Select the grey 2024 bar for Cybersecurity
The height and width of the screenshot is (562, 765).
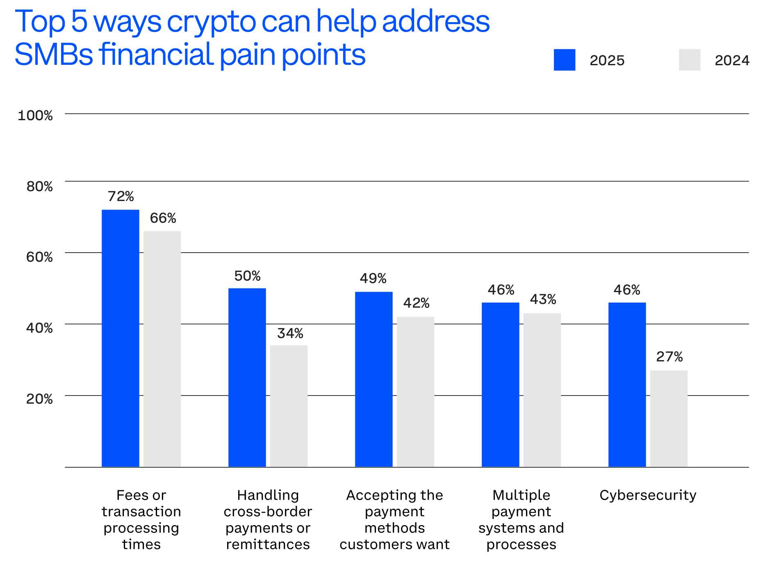pos(669,418)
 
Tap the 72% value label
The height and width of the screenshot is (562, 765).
pos(121,196)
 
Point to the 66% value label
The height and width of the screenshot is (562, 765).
pos(163,218)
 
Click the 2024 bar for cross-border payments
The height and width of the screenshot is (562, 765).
pos(289,406)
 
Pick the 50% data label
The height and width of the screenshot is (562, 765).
pos(247,276)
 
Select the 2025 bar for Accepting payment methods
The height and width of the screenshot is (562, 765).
pos(373,379)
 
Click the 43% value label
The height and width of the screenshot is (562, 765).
pos(543,299)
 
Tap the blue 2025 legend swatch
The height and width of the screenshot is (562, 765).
pos(564,60)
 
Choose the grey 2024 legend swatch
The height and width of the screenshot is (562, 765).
pos(689,60)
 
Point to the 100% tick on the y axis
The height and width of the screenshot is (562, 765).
pos(35,116)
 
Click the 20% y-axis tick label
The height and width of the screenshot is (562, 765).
pos(39,399)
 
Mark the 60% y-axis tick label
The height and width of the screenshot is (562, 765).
pos(39,257)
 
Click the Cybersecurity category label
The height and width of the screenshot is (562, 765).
pos(648,495)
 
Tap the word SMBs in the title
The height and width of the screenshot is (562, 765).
pos(54,55)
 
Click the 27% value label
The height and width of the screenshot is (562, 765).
pos(669,357)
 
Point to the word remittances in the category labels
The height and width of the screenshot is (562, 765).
pos(268,544)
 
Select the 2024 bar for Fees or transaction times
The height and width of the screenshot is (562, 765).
pos(162,349)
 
